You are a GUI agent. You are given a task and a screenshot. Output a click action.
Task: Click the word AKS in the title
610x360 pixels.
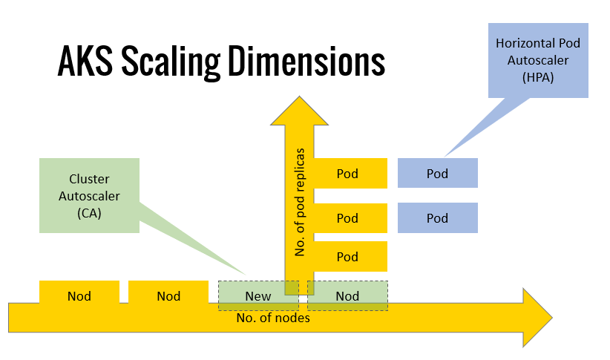tap(85, 62)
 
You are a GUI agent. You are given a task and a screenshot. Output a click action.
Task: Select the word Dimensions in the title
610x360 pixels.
tap(306, 62)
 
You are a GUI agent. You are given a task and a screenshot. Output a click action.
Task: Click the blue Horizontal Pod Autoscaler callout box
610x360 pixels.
tap(538, 59)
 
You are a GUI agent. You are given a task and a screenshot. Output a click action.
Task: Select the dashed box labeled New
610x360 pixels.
tap(258, 295)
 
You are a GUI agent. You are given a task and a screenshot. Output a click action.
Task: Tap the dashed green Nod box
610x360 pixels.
tap(347, 295)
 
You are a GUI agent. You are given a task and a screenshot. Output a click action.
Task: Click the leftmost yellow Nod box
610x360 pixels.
tap(79, 295)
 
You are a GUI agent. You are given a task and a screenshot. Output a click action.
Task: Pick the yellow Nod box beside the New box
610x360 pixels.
tap(168, 295)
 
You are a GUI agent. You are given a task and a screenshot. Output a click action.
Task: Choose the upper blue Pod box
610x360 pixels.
tap(437, 174)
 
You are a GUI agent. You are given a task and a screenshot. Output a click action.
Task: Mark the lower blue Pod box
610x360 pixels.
tap(437, 218)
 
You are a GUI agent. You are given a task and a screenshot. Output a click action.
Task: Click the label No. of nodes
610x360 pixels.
tap(273, 318)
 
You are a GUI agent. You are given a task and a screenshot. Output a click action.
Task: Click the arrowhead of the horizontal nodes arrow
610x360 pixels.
tap(536, 317)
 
